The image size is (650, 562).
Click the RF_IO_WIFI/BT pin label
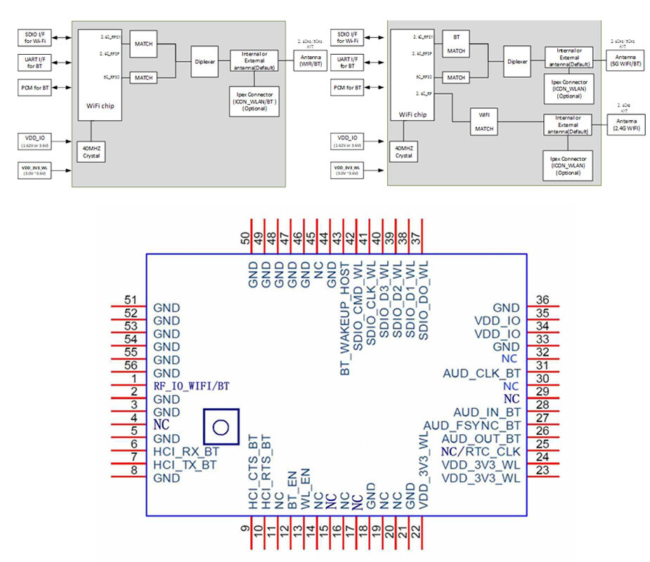[x=191, y=386]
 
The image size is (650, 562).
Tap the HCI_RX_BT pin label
[x=185, y=452]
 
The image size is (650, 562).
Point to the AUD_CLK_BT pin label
[x=481, y=373]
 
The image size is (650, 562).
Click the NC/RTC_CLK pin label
[x=481, y=451]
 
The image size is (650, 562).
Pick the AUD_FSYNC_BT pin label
[x=472, y=426]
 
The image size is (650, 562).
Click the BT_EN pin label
[x=290, y=489]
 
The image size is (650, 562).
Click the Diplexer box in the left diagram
[x=205, y=61]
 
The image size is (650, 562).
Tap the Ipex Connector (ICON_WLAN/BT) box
[x=254, y=101]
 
